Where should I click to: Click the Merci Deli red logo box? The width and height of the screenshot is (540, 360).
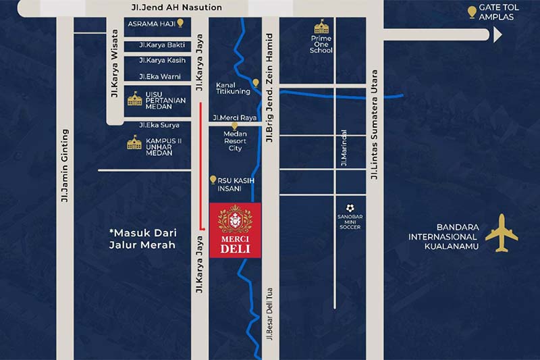point(235,230)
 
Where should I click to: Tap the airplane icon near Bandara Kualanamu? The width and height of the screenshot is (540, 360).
point(501,233)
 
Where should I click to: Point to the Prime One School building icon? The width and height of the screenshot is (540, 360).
point(321,26)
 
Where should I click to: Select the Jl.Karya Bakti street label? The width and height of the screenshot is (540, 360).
point(161,45)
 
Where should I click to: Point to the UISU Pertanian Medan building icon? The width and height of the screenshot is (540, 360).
point(135,99)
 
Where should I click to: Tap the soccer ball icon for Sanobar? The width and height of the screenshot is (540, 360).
point(350,208)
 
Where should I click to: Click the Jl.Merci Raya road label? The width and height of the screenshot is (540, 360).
point(235,118)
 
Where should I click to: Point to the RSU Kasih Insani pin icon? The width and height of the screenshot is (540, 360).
point(213,180)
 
